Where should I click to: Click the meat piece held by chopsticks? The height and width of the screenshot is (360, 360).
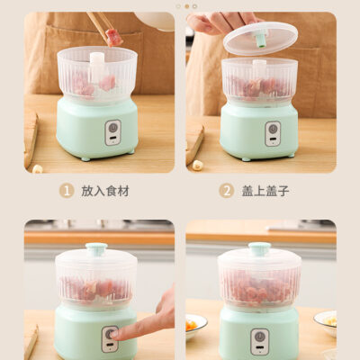tap(113, 37)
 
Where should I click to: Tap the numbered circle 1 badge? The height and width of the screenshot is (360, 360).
tap(67, 191)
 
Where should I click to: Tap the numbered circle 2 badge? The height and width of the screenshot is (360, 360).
tap(227, 191)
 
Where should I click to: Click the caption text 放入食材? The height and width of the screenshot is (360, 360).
tap(105, 191)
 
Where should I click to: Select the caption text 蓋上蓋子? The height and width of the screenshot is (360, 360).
tap(265, 191)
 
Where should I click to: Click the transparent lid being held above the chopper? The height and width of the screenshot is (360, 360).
tap(260, 38)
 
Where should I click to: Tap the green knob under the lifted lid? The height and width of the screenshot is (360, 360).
tap(261, 40)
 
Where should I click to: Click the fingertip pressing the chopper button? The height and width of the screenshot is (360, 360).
tap(115, 334)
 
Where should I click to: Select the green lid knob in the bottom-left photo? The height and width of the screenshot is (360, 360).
tap(96, 249)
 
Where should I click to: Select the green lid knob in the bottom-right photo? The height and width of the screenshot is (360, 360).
tap(259, 248)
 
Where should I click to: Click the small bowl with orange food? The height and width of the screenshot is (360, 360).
tap(195, 326)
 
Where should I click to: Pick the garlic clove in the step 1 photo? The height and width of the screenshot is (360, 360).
tap(38, 168)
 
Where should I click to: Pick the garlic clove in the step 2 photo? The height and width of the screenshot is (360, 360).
tap(197, 164)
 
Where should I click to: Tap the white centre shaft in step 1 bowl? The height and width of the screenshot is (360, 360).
tap(97, 67)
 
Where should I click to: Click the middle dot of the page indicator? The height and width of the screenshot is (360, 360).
tap(186, 6)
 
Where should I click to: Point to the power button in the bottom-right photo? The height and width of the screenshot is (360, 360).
tap(259, 337)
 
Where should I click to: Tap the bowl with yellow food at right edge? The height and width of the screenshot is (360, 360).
tap(326, 323)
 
